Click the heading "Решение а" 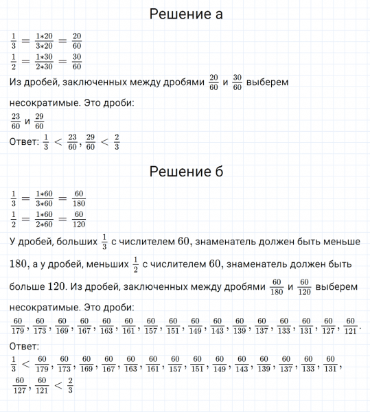tap(185, 14)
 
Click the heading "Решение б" tap(185, 171)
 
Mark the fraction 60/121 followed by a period tap(350, 325)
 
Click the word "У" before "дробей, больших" tap(14, 242)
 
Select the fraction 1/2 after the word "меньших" tap(135, 264)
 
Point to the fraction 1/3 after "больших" tap(104, 242)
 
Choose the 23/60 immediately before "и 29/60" tap(16, 122)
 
